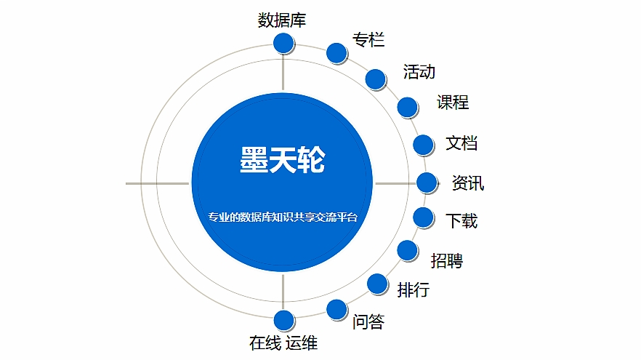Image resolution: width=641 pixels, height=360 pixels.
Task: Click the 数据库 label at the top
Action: (282, 20)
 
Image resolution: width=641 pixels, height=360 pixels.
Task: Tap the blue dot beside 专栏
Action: (336, 53)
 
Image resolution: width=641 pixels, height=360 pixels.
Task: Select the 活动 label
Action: (419, 71)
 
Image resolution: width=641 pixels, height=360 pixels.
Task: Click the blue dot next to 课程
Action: (407, 107)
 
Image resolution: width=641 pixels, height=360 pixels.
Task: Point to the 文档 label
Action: (461, 143)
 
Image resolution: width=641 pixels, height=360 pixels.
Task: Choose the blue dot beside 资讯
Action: (427, 183)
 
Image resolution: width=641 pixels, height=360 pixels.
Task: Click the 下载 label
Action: (461, 221)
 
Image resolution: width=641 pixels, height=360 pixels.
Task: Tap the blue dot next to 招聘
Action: (407, 250)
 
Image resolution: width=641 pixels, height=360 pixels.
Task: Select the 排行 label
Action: (414, 290)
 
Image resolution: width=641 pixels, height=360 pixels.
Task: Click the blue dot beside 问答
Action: (336, 309)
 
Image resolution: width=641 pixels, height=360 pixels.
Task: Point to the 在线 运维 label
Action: (283, 343)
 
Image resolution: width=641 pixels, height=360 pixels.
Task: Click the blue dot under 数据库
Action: (283, 43)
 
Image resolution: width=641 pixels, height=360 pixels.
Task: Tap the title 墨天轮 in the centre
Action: (282, 159)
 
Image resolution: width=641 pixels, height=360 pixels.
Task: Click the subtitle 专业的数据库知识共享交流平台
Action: (283, 217)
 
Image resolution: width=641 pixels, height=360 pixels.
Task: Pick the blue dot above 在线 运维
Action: (283, 320)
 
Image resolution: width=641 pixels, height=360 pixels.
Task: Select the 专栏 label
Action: (368, 40)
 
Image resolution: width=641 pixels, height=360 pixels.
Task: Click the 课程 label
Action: (453, 103)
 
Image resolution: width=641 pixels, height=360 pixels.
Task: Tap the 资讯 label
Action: (468, 183)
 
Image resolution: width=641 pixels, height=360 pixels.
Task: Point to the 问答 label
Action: (368, 322)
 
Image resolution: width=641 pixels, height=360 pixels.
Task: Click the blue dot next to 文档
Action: (423, 145)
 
